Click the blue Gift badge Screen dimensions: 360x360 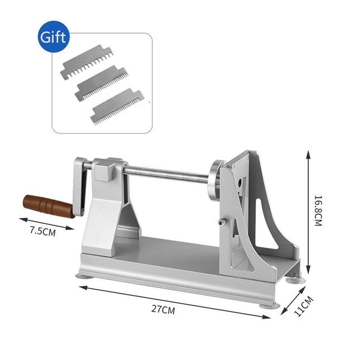coord(54,37)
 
